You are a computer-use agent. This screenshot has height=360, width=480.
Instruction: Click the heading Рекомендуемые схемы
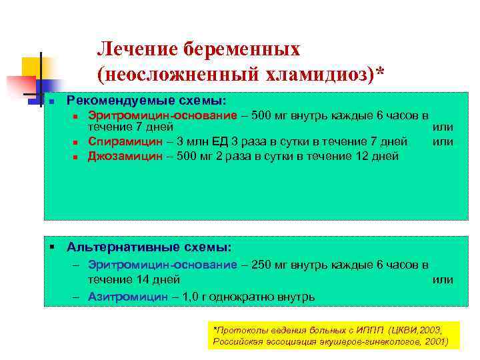point(146,100)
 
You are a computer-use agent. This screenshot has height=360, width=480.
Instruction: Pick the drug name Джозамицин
point(125,156)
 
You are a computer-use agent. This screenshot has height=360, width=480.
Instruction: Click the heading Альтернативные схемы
point(149,247)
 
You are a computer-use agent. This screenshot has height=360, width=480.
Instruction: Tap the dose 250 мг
point(272,265)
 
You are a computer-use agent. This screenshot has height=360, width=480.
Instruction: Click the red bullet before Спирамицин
point(76,141)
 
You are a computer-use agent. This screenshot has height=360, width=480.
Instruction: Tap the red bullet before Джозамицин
point(76,157)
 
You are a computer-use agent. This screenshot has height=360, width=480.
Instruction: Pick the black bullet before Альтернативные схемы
point(51,247)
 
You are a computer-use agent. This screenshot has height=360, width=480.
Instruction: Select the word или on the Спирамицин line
point(443,141)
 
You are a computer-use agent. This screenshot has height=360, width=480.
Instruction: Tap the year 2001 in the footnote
point(433,341)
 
